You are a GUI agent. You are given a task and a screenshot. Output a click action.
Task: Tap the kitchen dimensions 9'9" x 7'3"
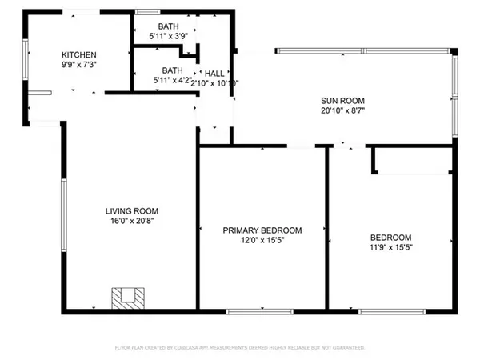78,63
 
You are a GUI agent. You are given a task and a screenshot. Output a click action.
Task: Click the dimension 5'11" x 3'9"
169,36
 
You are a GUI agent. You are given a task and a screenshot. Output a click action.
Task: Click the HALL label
214,72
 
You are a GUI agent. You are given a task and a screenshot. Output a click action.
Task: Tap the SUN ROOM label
337,101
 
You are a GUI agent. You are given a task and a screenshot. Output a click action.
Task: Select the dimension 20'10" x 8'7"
337,111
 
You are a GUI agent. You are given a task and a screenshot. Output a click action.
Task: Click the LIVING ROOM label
130,211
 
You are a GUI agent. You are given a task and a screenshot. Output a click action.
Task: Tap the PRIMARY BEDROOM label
262,230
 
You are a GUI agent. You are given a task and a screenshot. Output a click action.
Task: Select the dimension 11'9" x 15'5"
390,247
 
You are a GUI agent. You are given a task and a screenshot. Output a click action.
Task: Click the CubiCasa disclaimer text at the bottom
240,348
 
